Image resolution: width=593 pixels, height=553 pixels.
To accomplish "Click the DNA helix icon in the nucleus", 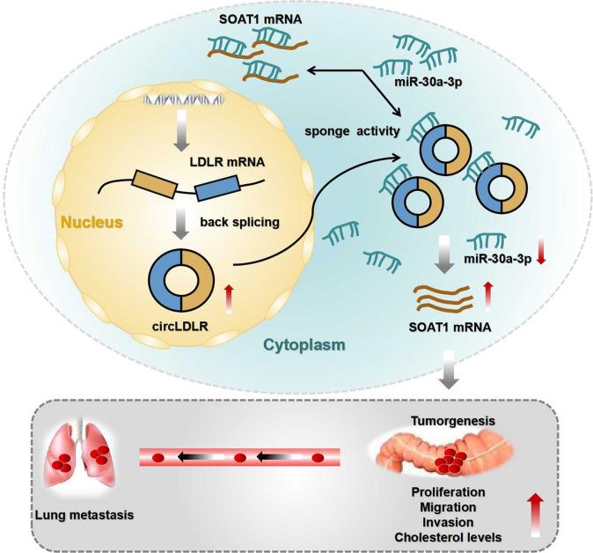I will click(179, 85).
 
